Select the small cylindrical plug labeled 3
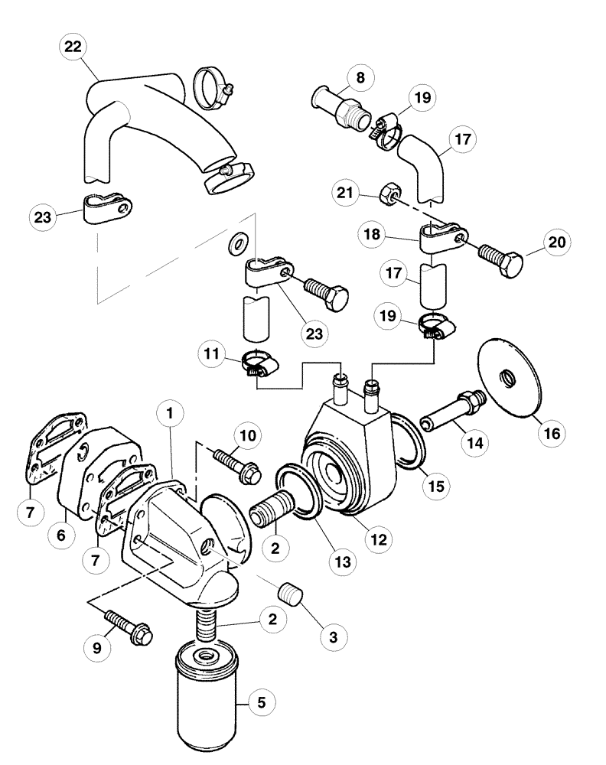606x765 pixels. [x=288, y=591]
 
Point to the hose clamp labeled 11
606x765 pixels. [x=258, y=365]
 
